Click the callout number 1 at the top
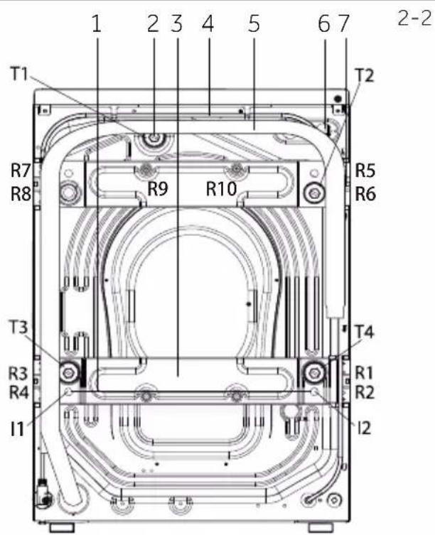97,24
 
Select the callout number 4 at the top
208,24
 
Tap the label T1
19,73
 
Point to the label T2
365,75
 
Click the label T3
18,328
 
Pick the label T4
365,331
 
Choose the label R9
158,188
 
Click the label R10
221,188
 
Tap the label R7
21,170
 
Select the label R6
365,193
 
